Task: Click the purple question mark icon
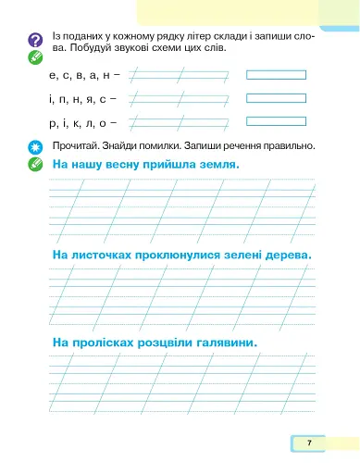click(35, 39)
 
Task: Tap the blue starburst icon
click(35, 147)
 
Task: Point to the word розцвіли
click(165, 343)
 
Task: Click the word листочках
click(106, 254)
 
